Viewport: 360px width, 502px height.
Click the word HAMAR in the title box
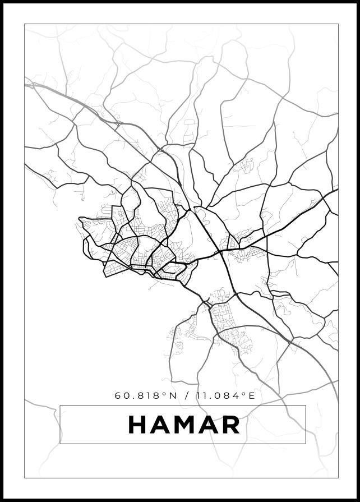tap(184, 425)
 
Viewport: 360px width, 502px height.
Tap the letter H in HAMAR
tap(138, 425)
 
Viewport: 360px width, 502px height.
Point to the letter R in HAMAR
tap(230, 425)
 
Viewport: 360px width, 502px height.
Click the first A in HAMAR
tap(160, 425)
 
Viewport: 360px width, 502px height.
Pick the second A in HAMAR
tap(208, 425)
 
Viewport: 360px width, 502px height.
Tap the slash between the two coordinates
tap(186, 395)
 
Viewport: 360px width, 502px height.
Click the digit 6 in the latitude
tap(118, 395)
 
